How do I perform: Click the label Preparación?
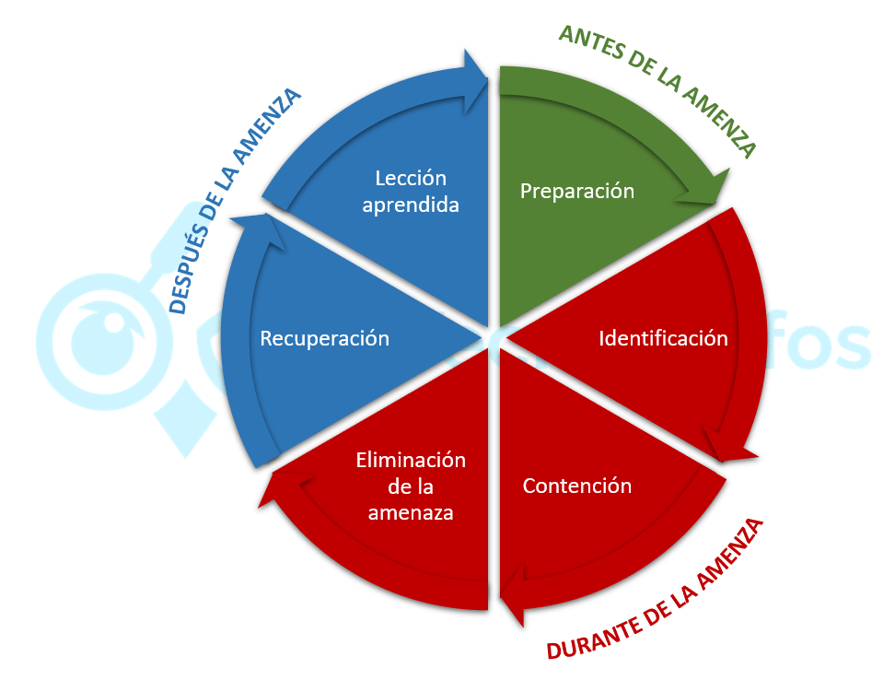tap(577, 191)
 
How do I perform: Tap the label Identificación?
tap(663, 338)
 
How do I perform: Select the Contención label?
tap(577, 486)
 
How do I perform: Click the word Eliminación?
tap(411, 460)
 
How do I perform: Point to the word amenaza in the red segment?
tap(411, 513)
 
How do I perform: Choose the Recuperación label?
tap(324, 338)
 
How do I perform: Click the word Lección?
tap(411, 178)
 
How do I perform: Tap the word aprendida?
tap(411, 205)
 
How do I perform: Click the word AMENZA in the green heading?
tap(722, 121)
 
